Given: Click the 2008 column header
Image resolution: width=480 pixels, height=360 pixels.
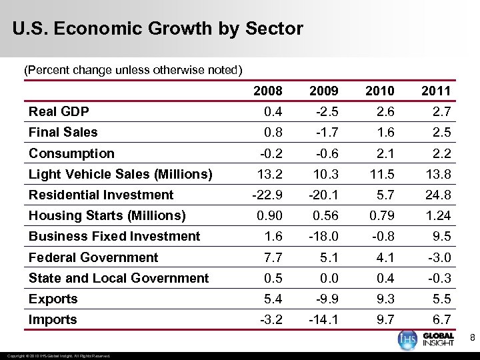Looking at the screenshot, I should tap(268, 91).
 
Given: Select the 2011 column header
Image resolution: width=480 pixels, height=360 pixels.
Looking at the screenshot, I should tap(437, 91).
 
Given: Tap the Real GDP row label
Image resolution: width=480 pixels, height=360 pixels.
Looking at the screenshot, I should tap(59, 111).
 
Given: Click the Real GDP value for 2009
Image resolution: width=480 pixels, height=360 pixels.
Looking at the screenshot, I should tap(327, 111).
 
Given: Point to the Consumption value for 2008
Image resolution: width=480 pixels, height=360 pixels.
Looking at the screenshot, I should tap(270, 153).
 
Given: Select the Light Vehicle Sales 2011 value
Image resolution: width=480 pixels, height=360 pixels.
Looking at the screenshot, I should tap(438, 174).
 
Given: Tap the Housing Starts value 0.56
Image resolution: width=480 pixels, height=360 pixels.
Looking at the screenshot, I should tap(325, 215).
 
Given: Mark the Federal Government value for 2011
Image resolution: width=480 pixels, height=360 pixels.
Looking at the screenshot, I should tap(440, 257).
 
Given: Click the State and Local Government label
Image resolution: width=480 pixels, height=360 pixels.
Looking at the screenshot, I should tap(119, 278).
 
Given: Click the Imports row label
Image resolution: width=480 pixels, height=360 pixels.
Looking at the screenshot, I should tap(53, 319).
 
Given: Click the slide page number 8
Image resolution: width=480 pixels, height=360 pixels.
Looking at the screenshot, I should tap(473, 339).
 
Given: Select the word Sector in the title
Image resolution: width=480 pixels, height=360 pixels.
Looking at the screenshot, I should tap(274, 29).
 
